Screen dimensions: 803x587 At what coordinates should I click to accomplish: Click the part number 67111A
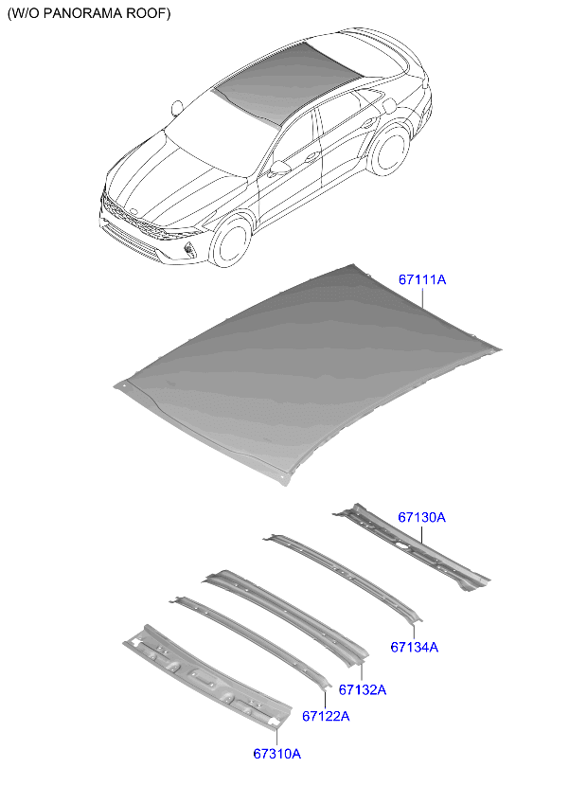pyautogui.click(x=421, y=280)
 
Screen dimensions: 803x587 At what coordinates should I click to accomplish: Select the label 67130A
pyautogui.click(x=421, y=518)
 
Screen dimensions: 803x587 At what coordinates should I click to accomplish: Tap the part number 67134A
pyautogui.click(x=414, y=648)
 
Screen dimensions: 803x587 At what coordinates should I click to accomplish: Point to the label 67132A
pyautogui.click(x=362, y=690)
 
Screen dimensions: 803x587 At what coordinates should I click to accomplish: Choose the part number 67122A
pyautogui.click(x=326, y=716)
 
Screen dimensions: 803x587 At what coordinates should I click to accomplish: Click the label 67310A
pyautogui.click(x=276, y=754)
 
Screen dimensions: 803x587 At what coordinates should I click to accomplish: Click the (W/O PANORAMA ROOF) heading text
pyautogui.click(x=89, y=13)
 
